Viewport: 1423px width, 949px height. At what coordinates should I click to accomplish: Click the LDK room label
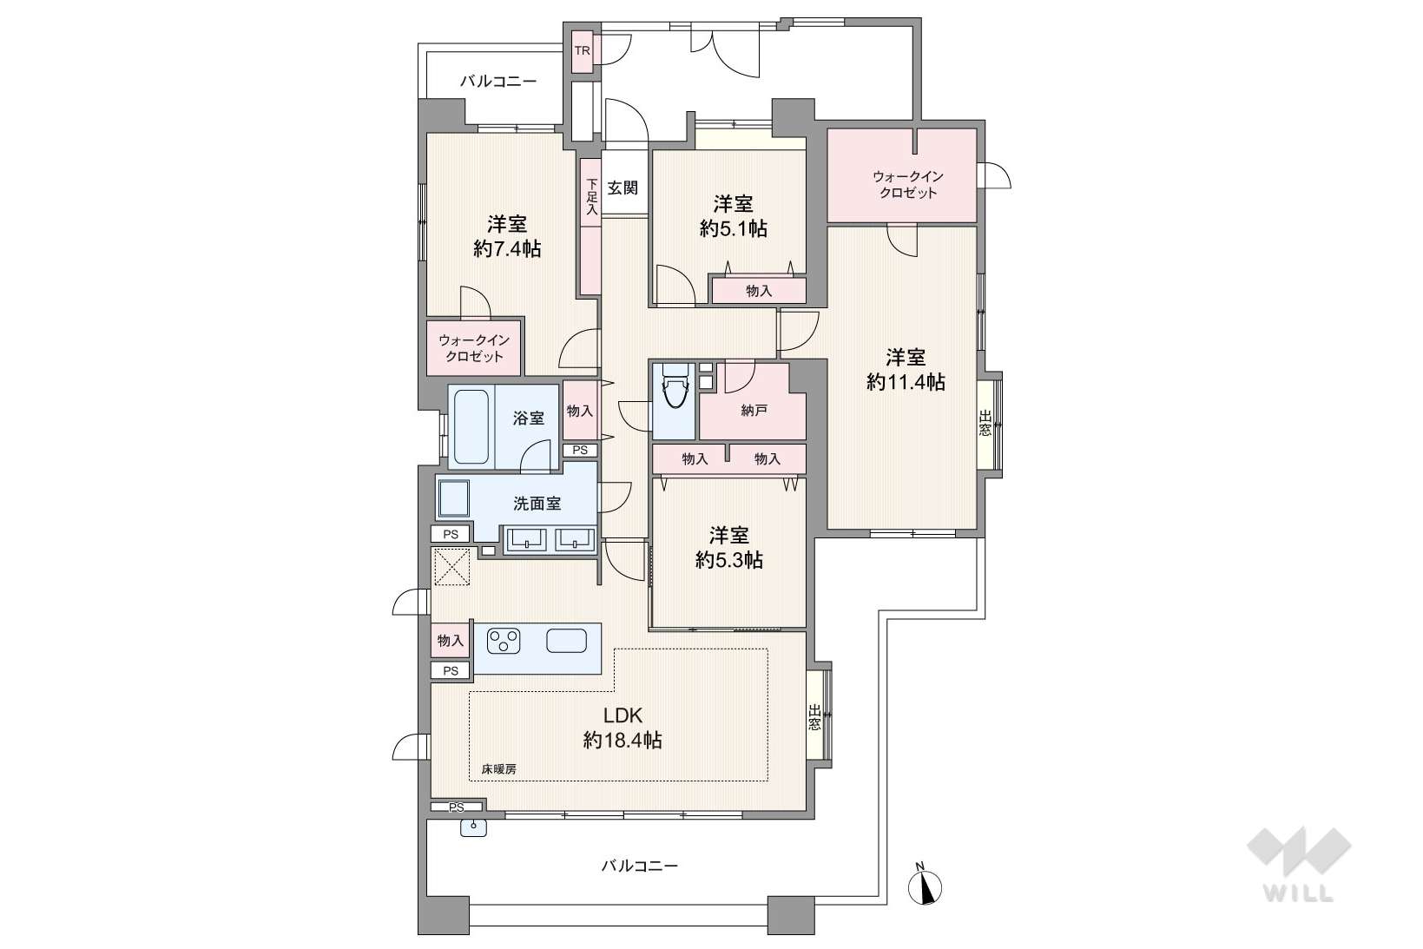(622, 716)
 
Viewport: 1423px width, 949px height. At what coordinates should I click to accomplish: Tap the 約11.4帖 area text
(906, 382)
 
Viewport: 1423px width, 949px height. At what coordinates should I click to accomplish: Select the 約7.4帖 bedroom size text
(507, 249)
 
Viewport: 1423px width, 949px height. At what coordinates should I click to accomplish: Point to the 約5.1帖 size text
(733, 228)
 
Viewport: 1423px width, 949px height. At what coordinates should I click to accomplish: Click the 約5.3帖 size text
(728, 560)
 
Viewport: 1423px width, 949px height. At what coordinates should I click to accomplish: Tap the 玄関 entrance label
(623, 188)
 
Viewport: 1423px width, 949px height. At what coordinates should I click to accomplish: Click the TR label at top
(583, 50)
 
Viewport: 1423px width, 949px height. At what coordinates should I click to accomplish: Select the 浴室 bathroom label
(529, 418)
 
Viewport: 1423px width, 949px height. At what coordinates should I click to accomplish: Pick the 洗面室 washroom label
(537, 504)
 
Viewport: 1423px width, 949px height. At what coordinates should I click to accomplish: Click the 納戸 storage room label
(754, 411)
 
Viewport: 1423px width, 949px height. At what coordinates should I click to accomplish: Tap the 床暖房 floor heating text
(498, 769)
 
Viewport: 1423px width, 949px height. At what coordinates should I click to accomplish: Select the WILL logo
(1299, 864)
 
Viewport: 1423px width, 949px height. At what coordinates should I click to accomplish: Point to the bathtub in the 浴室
(471, 426)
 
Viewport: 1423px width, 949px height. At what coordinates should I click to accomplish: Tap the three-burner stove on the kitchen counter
(504, 640)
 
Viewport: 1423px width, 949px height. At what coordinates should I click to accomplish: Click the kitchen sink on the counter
(567, 640)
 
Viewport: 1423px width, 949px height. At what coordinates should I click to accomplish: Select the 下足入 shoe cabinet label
(592, 196)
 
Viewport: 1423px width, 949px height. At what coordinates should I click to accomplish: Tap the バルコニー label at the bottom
(640, 866)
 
